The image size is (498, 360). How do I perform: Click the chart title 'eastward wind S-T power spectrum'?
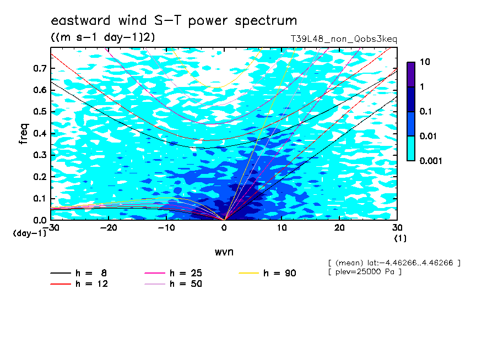pyautogui.click(x=174, y=21)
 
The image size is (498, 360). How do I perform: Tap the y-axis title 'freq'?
pyautogui.click(x=24, y=134)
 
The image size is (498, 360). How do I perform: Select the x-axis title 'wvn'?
pyautogui.click(x=224, y=252)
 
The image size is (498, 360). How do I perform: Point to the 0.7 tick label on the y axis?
pyautogui.click(x=40, y=68)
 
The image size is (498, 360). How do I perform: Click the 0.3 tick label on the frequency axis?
pyautogui.click(x=40, y=155)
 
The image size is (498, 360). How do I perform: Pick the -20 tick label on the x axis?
pyautogui.click(x=109, y=228)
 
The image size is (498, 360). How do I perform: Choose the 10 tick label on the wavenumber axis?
pyautogui.click(x=282, y=228)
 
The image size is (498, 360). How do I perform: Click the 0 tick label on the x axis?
pyautogui.click(x=224, y=228)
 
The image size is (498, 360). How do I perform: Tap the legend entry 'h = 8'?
pyautogui.click(x=79, y=273)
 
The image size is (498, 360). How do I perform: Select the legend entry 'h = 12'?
pyautogui.click(x=79, y=284)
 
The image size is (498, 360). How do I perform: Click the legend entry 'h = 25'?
pyautogui.click(x=173, y=273)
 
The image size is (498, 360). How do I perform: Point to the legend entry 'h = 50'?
pyautogui.click(x=173, y=284)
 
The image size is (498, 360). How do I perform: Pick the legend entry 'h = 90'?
pyautogui.click(x=267, y=273)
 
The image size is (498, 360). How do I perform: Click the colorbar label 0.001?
pyautogui.click(x=431, y=161)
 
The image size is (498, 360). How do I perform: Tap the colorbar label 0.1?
pyautogui.click(x=425, y=111)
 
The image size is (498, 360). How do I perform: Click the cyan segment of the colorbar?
pyautogui.click(x=411, y=149)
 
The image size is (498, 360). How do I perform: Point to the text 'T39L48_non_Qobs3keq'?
pyautogui.click(x=344, y=39)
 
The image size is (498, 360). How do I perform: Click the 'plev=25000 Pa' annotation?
pyautogui.click(x=365, y=272)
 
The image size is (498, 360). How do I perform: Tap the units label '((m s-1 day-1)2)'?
pyautogui.click(x=103, y=37)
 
